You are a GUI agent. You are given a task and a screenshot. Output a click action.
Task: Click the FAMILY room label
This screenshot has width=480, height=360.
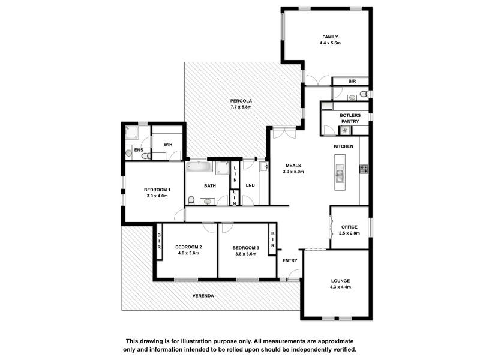tap(331, 37)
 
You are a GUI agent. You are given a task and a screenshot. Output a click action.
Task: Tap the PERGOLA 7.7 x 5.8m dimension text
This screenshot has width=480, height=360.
tap(241, 107)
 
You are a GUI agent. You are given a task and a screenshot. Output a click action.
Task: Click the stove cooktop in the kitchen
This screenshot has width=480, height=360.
tap(363, 170)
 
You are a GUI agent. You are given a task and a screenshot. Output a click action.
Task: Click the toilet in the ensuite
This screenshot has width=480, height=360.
tap(145, 155)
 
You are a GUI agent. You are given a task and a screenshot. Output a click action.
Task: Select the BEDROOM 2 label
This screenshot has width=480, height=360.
tap(188, 247)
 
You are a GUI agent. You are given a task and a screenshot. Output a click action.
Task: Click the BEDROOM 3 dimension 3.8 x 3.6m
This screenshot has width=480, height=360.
tap(245, 254)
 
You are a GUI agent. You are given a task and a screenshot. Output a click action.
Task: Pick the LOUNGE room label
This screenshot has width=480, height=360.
tap(340, 281)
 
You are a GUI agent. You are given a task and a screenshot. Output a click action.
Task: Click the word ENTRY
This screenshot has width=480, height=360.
tap(290, 260)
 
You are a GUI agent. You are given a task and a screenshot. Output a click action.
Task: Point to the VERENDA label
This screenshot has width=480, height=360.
tap(203, 296)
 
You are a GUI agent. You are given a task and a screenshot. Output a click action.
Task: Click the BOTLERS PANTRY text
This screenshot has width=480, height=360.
tap(349, 119)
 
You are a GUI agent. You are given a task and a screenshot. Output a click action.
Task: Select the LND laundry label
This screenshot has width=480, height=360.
tap(250, 185)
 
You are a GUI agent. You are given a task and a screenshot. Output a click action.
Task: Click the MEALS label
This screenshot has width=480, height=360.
tap(293, 165)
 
